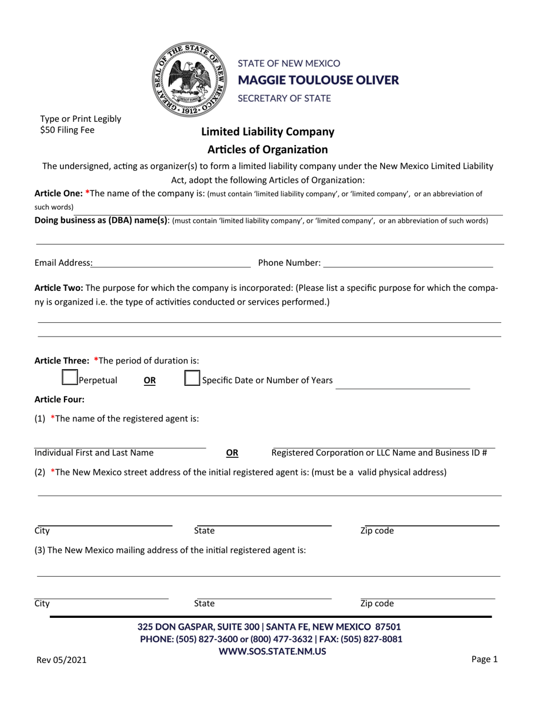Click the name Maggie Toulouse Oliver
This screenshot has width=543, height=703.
318,80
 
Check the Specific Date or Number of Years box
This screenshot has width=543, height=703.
193,378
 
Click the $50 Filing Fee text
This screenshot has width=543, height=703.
67,130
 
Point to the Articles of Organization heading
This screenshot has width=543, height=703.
267,150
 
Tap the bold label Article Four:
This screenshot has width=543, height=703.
59,400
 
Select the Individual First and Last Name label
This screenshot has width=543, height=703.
94,453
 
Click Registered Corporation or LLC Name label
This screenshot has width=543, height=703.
379,453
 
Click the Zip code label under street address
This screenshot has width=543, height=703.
377,531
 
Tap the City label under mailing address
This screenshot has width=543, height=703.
42,604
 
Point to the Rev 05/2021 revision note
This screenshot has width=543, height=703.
62,660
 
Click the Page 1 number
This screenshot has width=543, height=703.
485,659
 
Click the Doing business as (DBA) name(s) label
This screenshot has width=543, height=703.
102,220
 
